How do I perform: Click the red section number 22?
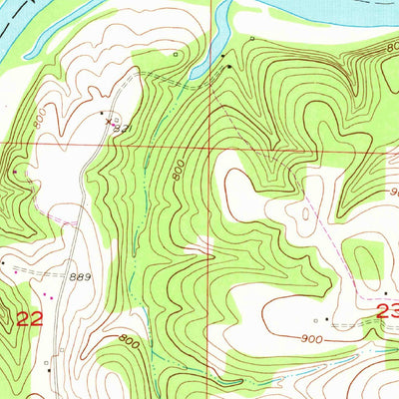coord(31,319)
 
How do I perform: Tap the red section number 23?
coord(388,313)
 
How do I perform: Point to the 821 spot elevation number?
coord(121,127)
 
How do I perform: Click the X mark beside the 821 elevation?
coord(109,122)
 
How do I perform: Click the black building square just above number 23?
coord(386,292)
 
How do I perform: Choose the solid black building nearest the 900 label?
coord(327,320)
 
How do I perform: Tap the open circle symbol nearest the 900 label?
coord(315,320)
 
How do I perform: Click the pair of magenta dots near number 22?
coord(46,294)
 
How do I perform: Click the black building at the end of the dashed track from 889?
coord(4,262)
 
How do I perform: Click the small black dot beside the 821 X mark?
coord(101,112)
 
